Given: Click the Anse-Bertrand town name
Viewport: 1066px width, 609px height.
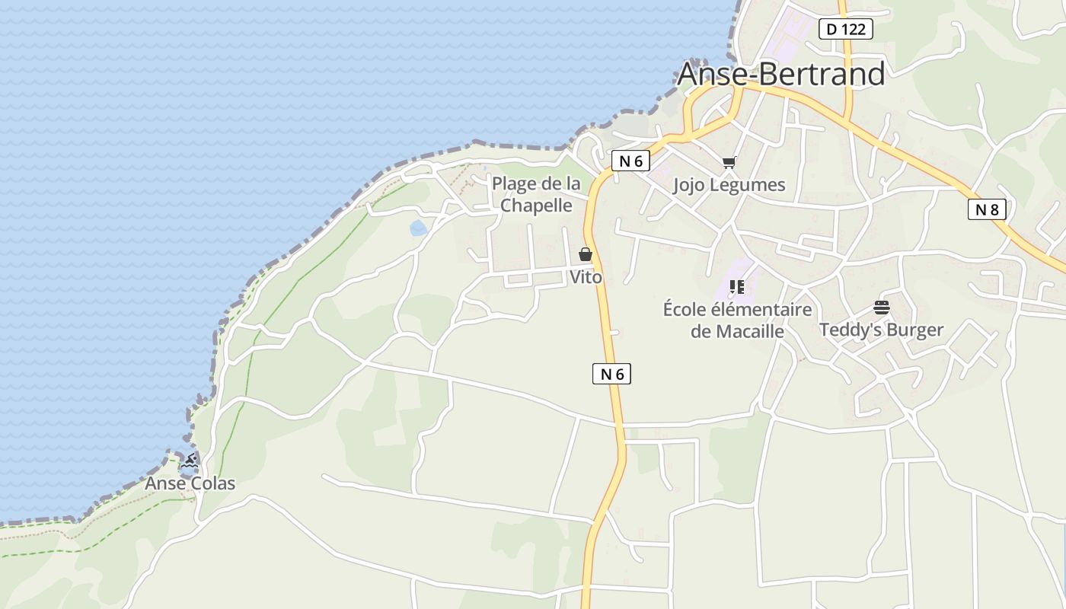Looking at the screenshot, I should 780,74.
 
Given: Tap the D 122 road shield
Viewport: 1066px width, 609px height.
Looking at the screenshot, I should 845,29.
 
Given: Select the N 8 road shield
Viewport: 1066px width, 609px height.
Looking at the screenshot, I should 987,209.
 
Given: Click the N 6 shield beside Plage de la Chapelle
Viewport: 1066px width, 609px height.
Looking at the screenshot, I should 630,161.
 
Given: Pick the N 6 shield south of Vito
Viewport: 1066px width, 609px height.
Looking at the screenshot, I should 611,374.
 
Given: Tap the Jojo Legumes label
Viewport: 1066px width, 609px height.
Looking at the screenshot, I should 729,185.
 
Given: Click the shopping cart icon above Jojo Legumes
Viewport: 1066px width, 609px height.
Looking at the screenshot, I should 729,162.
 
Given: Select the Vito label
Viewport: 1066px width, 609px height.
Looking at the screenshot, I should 586,277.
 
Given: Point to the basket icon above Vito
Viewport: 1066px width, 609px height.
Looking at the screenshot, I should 586,254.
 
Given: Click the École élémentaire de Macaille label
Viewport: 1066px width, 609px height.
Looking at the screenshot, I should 737,320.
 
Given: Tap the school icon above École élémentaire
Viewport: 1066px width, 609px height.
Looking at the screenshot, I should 736,287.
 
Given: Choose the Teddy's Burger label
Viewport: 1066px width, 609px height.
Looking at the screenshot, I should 881,330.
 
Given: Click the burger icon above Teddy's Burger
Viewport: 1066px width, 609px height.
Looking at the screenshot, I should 881,308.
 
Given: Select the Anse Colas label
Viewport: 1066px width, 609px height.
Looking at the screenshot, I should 190,483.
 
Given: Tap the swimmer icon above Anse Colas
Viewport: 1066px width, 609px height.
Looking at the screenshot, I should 190,461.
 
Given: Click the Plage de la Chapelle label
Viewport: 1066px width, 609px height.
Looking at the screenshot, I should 536,194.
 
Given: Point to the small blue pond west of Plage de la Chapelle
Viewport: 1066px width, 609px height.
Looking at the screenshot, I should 418,228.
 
